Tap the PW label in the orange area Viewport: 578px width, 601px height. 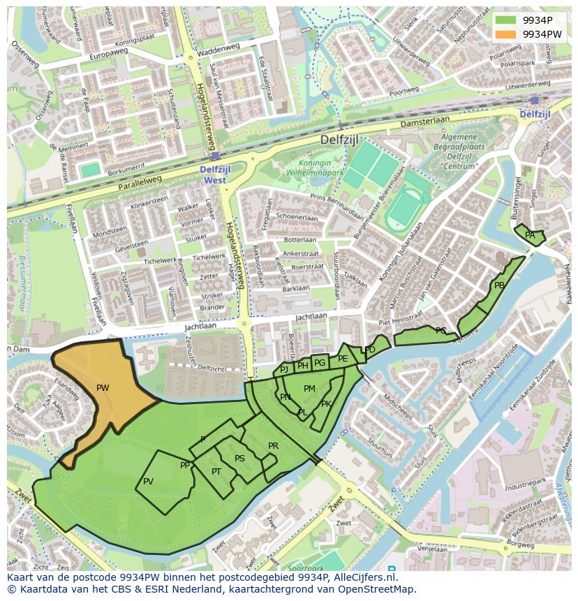point(103,388)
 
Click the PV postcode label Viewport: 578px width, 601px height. point(148,482)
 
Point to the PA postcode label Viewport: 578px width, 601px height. point(530,235)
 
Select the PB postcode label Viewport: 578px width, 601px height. point(499,285)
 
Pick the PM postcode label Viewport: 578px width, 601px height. point(309,389)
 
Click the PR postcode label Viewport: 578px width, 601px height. point(273,446)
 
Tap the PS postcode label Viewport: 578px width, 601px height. point(239,459)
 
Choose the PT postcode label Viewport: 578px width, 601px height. point(216,472)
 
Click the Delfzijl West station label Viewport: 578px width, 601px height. point(216,175)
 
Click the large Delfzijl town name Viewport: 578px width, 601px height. point(339,139)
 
